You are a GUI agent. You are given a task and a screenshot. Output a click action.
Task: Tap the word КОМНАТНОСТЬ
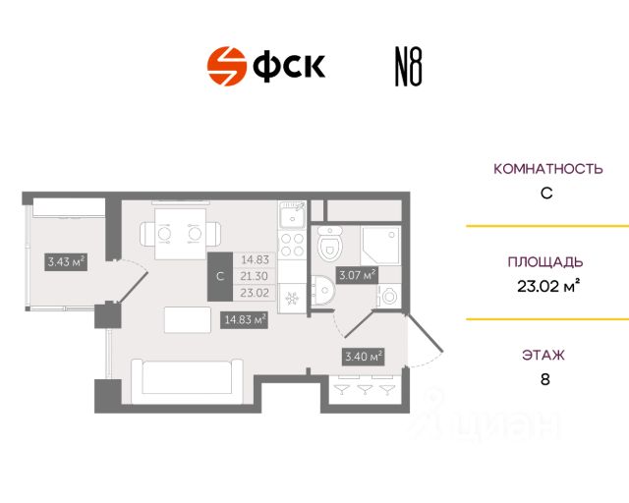click(x=546, y=168)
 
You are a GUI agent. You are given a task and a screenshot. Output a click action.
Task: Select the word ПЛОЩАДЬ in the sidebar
click(x=545, y=262)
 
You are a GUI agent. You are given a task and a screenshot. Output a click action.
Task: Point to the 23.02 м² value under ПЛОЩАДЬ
click(x=546, y=287)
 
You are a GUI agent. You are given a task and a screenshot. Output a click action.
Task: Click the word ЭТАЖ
click(x=546, y=355)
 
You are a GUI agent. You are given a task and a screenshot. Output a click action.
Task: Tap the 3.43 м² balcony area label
click(x=66, y=261)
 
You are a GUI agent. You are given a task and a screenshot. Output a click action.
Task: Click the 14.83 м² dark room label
click(x=246, y=317)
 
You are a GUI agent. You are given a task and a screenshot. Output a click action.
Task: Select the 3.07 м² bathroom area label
click(x=357, y=276)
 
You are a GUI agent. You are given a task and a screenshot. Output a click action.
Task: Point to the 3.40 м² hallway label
click(x=363, y=356)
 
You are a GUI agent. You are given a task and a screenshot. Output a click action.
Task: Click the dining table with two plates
click(x=180, y=234)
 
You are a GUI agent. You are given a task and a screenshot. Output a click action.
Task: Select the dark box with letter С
click(x=219, y=276)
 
